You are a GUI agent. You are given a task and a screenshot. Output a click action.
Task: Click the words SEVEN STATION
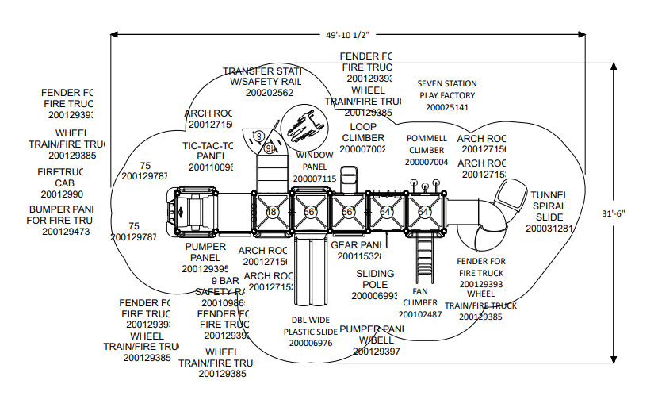coord(447,83)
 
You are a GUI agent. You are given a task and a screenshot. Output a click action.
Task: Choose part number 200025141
coord(447,107)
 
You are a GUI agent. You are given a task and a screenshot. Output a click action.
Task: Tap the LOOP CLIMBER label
coord(364,133)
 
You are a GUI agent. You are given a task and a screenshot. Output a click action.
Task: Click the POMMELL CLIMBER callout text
coord(427,144)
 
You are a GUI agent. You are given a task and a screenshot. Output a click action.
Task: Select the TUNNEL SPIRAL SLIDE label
coord(549,206)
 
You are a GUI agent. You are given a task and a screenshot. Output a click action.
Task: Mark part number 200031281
coord(549,229)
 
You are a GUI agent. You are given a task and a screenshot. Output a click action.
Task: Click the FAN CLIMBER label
coord(419,296)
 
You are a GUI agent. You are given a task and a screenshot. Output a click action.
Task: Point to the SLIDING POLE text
coord(376,279)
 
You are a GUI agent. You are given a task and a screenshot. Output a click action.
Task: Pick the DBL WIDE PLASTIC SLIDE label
coord(311,326)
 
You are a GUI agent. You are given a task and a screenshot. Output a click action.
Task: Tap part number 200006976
coord(311,344)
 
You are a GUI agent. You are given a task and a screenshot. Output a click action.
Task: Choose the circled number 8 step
coord(258,136)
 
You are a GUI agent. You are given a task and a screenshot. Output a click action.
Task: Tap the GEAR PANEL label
coord(357,245)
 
